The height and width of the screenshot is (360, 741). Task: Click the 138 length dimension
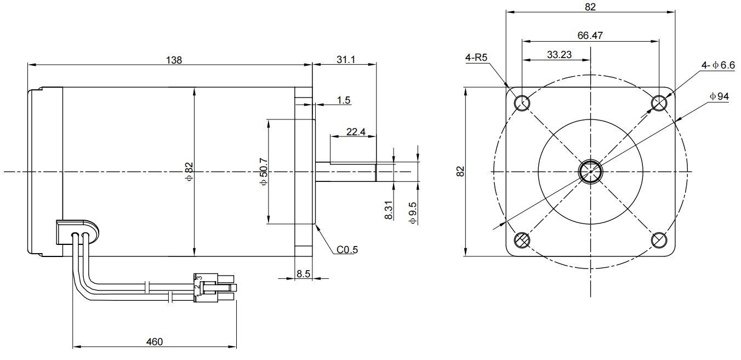[174, 60]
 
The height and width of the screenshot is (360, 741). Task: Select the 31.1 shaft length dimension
[345, 60]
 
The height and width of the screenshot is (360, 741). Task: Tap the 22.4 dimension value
[356, 132]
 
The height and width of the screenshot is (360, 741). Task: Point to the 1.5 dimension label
[344, 100]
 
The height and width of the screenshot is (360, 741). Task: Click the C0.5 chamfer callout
[347, 250]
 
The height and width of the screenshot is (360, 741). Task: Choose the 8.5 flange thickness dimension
[304, 273]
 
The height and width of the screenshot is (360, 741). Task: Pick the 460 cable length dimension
[155, 342]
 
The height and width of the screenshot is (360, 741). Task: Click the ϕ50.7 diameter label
[264, 172]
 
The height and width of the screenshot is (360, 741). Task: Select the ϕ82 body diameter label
[189, 172]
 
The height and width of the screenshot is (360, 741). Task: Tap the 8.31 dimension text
[389, 210]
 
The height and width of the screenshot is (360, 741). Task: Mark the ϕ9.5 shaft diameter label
[413, 213]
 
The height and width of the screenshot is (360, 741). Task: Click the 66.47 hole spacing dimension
[590, 36]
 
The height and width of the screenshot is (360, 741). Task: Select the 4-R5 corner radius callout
[476, 58]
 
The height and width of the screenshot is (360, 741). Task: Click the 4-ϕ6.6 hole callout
[717, 65]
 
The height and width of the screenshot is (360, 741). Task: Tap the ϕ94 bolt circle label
[719, 96]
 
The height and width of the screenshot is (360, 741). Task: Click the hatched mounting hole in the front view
[521, 240]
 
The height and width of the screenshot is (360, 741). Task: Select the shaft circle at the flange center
[590, 171]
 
